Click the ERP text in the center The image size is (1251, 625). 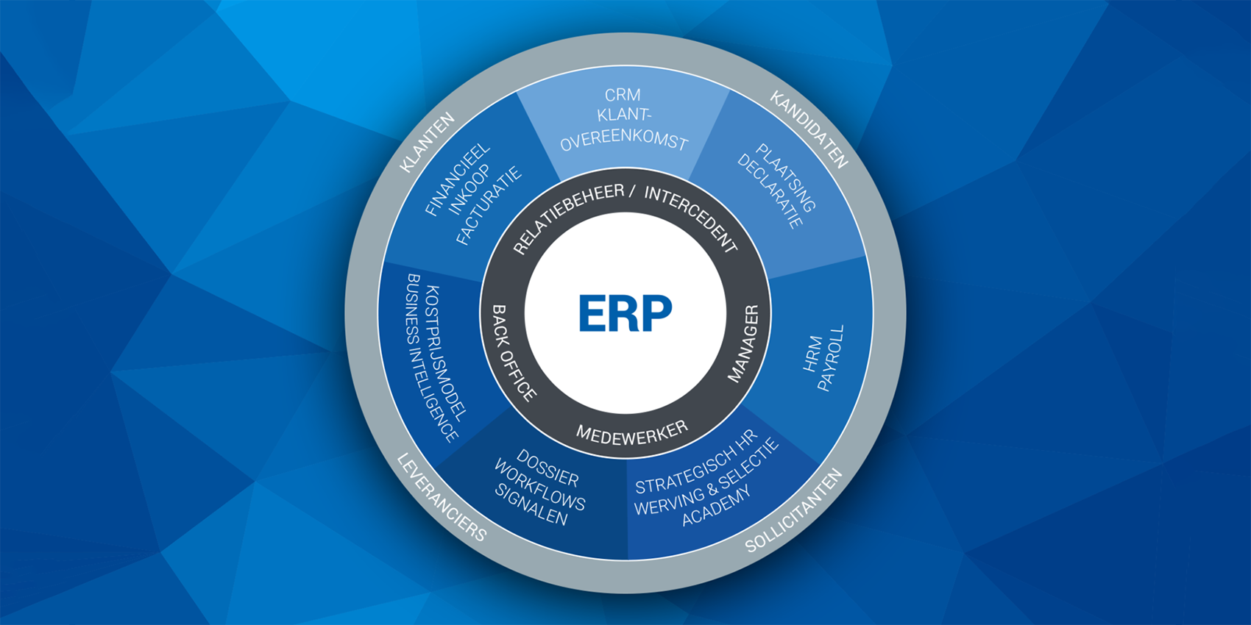coord(625,313)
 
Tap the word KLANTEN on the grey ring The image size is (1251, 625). coord(427,143)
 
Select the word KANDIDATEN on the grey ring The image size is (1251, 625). coord(809,129)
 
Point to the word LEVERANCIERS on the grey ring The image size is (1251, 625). coord(442,498)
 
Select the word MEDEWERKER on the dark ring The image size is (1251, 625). coord(631,433)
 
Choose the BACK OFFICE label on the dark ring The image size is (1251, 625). coord(513,353)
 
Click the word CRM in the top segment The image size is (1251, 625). coord(623,95)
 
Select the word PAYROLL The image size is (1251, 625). coord(832,358)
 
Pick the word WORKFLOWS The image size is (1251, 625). coord(539,485)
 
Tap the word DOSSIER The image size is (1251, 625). coord(547,468)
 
